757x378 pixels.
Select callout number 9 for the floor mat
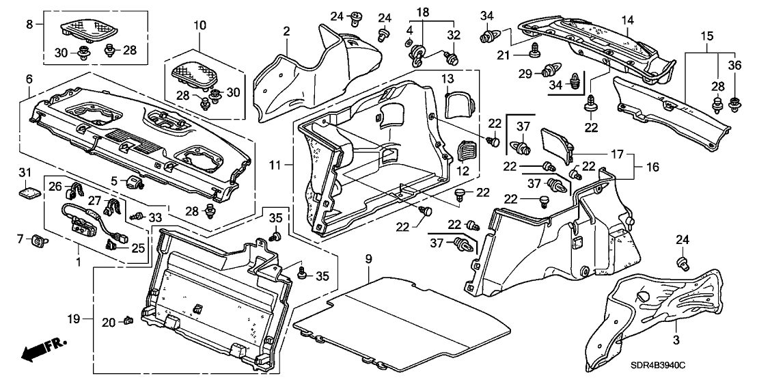tap(368, 259)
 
